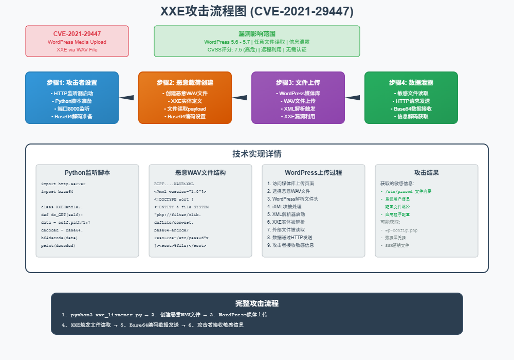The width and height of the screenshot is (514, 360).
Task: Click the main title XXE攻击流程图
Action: pyautogui.click(x=256, y=11)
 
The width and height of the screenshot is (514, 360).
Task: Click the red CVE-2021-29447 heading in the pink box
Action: pyautogui.click(x=77, y=34)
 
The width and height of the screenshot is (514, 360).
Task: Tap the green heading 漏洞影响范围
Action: pyautogui.click(x=257, y=33)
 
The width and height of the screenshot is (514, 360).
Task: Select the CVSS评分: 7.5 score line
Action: pyautogui.click(x=256, y=50)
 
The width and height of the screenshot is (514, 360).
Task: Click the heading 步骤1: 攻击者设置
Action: pyautogui.click(x=72, y=82)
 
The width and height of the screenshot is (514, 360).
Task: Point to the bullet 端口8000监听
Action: pyautogui.click(x=72, y=109)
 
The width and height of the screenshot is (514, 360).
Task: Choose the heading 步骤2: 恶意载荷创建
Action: pyautogui.click(x=185, y=82)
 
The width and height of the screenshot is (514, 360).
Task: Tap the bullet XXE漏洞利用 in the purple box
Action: pyautogui.click(x=298, y=117)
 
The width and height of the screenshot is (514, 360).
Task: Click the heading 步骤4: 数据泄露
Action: pyautogui.click(x=411, y=82)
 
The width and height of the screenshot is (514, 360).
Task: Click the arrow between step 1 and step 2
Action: pyautogui.click(x=127, y=98)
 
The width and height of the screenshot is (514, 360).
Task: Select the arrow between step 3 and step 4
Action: pyautogui.click(x=353, y=98)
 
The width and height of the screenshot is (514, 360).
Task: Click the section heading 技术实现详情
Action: pyautogui.click(x=257, y=154)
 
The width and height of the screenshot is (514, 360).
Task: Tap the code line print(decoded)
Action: pyautogui.click(x=58, y=245)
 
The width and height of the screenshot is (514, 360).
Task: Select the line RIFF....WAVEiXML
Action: pyautogui.click(x=174, y=184)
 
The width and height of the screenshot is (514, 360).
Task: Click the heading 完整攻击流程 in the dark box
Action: pyautogui.click(x=257, y=303)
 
